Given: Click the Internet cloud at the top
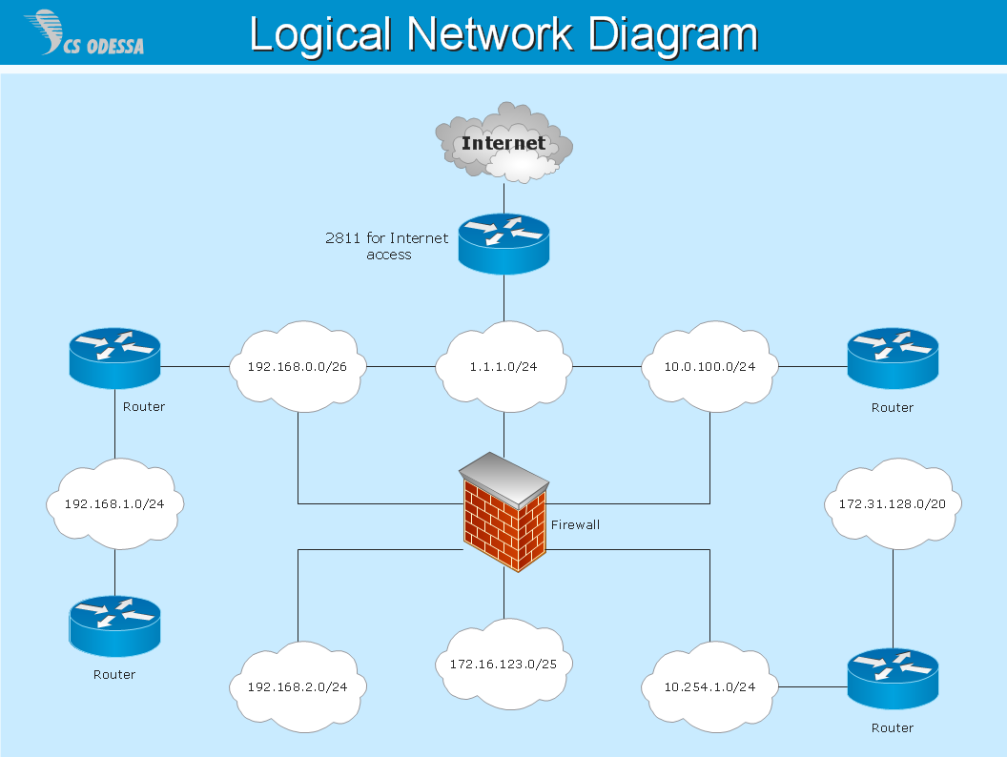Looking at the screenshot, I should point(503,144).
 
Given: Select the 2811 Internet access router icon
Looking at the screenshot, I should point(503,243).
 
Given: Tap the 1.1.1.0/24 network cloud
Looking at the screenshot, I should point(503,366).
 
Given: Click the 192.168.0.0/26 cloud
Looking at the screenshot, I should point(298,366).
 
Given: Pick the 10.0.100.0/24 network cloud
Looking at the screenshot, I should point(710,366).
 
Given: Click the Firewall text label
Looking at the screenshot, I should point(575,524).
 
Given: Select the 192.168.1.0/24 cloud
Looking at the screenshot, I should point(115,503).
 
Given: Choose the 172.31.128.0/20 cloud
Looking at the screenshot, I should point(893,503).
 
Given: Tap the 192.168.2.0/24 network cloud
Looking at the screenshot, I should point(298,686).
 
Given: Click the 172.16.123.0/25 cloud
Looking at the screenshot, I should point(503,664).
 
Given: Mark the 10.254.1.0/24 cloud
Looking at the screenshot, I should point(710,686).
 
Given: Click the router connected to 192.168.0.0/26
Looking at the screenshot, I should point(114,358).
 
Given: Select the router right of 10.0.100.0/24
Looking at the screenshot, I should point(893,358).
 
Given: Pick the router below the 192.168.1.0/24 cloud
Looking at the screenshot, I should point(114,625).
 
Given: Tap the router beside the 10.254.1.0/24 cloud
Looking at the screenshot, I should point(893,679).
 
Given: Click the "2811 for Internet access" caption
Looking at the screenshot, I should point(387,246).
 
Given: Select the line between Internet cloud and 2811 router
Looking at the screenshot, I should point(503,198).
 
